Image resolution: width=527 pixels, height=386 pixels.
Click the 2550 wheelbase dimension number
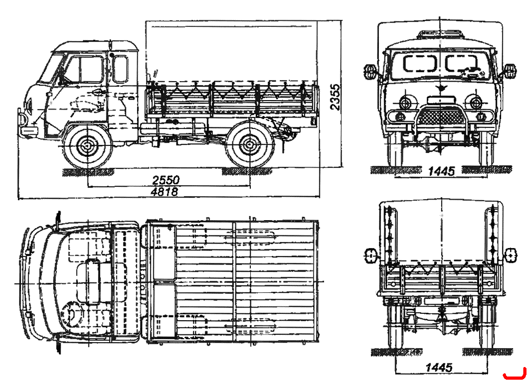pyautogui.click(x=166, y=180)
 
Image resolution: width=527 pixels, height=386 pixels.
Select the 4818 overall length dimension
pyautogui.click(x=164, y=192)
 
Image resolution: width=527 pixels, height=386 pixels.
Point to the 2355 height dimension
pyautogui.click(x=335, y=97)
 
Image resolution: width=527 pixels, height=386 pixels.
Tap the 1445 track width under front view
pyautogui.click(x=442, y=171)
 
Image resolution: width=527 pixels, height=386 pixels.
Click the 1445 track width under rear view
pyautogui.click(x=439, y=367)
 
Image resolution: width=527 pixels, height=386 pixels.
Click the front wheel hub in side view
pyautogui.click(x=87, y=145)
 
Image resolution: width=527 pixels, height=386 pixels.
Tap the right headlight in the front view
pyautogui.click(x=475, y=102)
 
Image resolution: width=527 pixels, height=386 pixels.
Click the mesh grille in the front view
pyautogui.click(x=441, y=116)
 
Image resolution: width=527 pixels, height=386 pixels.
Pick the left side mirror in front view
pyautogui.click(x=370, y=72)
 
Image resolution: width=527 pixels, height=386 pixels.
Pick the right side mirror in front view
pyautogui.click(x=510, y=71)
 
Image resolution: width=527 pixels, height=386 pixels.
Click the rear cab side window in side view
pyautogui.click(x=121, y=69)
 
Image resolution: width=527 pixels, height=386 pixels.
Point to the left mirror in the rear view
pyautogui.click(x=370, y=255)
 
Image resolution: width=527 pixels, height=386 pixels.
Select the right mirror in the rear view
pyautogui.click(x=511, y=255)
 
